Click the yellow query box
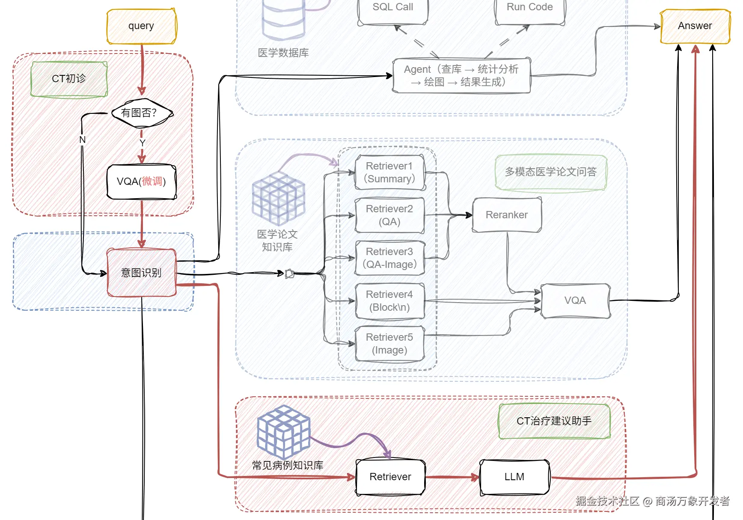point(141,26)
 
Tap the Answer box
point(695,26)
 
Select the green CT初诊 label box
point(69,79)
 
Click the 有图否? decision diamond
point(142,113)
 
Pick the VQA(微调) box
point(141,181)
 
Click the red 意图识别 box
point(141,273)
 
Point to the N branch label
point(83,140)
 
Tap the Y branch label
point(143,143)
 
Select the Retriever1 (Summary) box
point(390,172)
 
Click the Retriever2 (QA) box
point(390,215)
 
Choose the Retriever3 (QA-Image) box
point(390,258)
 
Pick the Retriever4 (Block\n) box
point(390,301)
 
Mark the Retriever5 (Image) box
point(390,344)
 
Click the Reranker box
point(507,215)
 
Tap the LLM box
point(514,477)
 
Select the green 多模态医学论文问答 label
point(551,172)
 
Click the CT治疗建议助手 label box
point(554,421)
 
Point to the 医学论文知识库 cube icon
point(279,199)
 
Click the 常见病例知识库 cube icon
point(283,431)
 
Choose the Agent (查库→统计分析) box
point(461,76)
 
